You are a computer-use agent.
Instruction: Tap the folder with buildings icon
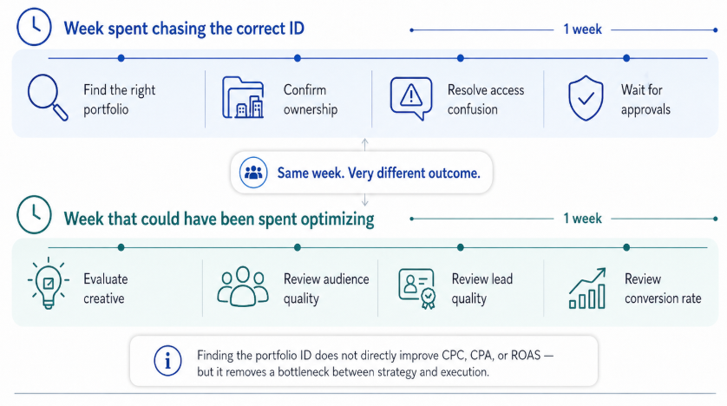243,98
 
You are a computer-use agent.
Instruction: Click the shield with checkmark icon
585,98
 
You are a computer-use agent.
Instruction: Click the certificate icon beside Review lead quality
416,288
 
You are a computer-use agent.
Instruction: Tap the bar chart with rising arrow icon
587,288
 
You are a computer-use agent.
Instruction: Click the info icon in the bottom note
167,360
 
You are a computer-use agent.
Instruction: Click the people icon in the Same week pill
253,173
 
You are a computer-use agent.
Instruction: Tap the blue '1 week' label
582,29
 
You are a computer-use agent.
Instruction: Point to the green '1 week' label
582,218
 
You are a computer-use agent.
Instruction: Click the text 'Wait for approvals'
645,100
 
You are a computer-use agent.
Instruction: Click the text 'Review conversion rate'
663,289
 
